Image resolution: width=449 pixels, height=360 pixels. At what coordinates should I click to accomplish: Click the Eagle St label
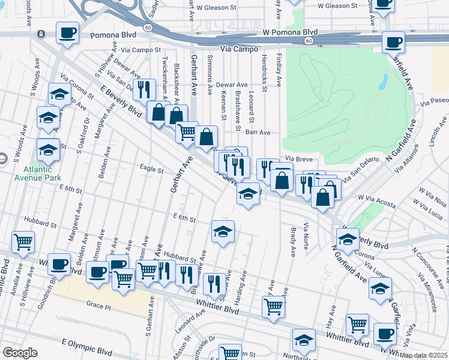click(151, 170)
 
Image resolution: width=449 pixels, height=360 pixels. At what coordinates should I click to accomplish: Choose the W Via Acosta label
click(376, 201)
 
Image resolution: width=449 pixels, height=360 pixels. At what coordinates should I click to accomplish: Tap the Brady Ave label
click(292, 241)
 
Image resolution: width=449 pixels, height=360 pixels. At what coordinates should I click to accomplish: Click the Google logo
click(20, 353)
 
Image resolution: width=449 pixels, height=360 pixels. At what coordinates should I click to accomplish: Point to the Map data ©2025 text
click(424, 355)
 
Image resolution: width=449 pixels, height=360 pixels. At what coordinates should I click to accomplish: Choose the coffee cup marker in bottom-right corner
click(385, 333)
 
